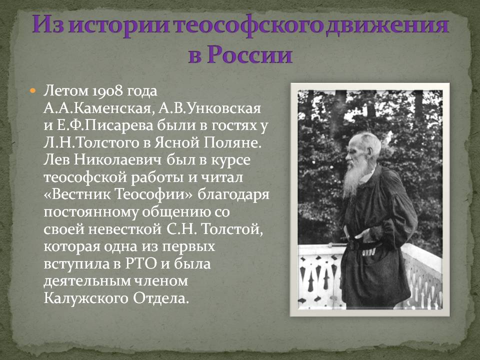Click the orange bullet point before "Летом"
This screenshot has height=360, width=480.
33,91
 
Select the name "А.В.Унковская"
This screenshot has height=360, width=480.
209,108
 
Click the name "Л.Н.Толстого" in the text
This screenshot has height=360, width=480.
91,143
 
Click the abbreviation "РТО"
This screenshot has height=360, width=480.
141,264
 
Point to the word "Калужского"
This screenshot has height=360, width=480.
85,298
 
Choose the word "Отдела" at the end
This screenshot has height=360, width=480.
160,298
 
